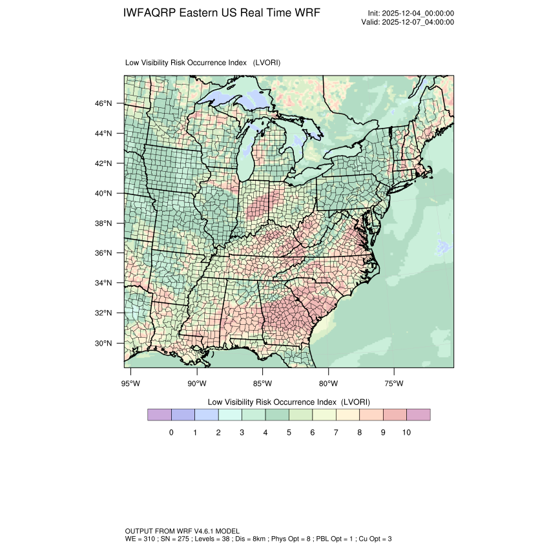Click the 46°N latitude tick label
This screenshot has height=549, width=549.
[105, 103]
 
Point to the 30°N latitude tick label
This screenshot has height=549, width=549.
[105, 343]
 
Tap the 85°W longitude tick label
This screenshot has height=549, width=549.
[263, 384]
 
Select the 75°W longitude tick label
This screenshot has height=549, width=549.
[394, 384]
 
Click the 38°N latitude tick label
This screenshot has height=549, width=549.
[105, 223]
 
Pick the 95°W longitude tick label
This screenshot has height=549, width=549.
[131, 384]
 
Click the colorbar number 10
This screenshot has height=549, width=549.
[406, 432]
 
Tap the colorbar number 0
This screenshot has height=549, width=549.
[171, 432]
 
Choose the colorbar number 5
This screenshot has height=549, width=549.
[289, 432]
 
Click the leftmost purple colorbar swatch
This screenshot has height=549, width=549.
[160, 415]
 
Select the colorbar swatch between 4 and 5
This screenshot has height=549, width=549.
[277, 415]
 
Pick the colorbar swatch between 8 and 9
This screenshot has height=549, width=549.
[371, 415]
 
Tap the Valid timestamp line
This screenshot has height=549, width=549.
[408, 22]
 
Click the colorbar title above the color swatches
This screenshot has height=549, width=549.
[289, 401]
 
